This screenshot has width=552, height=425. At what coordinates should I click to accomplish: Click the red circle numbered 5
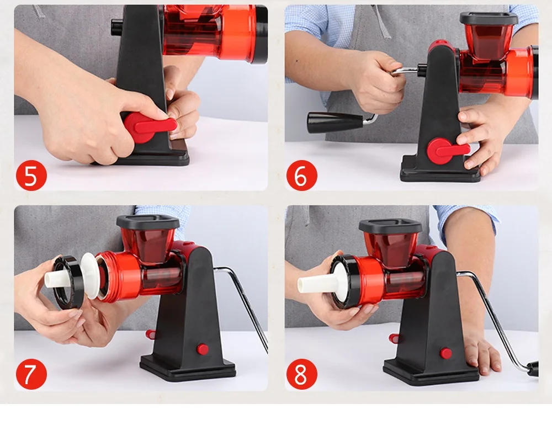tap(31, 175)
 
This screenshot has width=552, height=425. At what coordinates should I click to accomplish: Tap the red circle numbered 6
tap(301, 175)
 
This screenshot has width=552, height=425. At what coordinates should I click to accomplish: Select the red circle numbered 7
tap(31, 374)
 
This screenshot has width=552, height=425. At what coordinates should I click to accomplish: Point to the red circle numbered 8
tap(301, 374)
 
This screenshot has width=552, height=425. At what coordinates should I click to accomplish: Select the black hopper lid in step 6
tap(489, 19)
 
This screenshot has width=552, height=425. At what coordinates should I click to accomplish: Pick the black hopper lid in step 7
tap(148, 222)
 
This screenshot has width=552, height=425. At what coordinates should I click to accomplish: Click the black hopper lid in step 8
tap(390, 226)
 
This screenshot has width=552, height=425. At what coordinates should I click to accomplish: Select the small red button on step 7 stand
tap(203, 349)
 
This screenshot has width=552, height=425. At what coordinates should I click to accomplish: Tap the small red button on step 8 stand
tap(445, 353)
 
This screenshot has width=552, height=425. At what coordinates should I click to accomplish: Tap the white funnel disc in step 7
tap(91, 276)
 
